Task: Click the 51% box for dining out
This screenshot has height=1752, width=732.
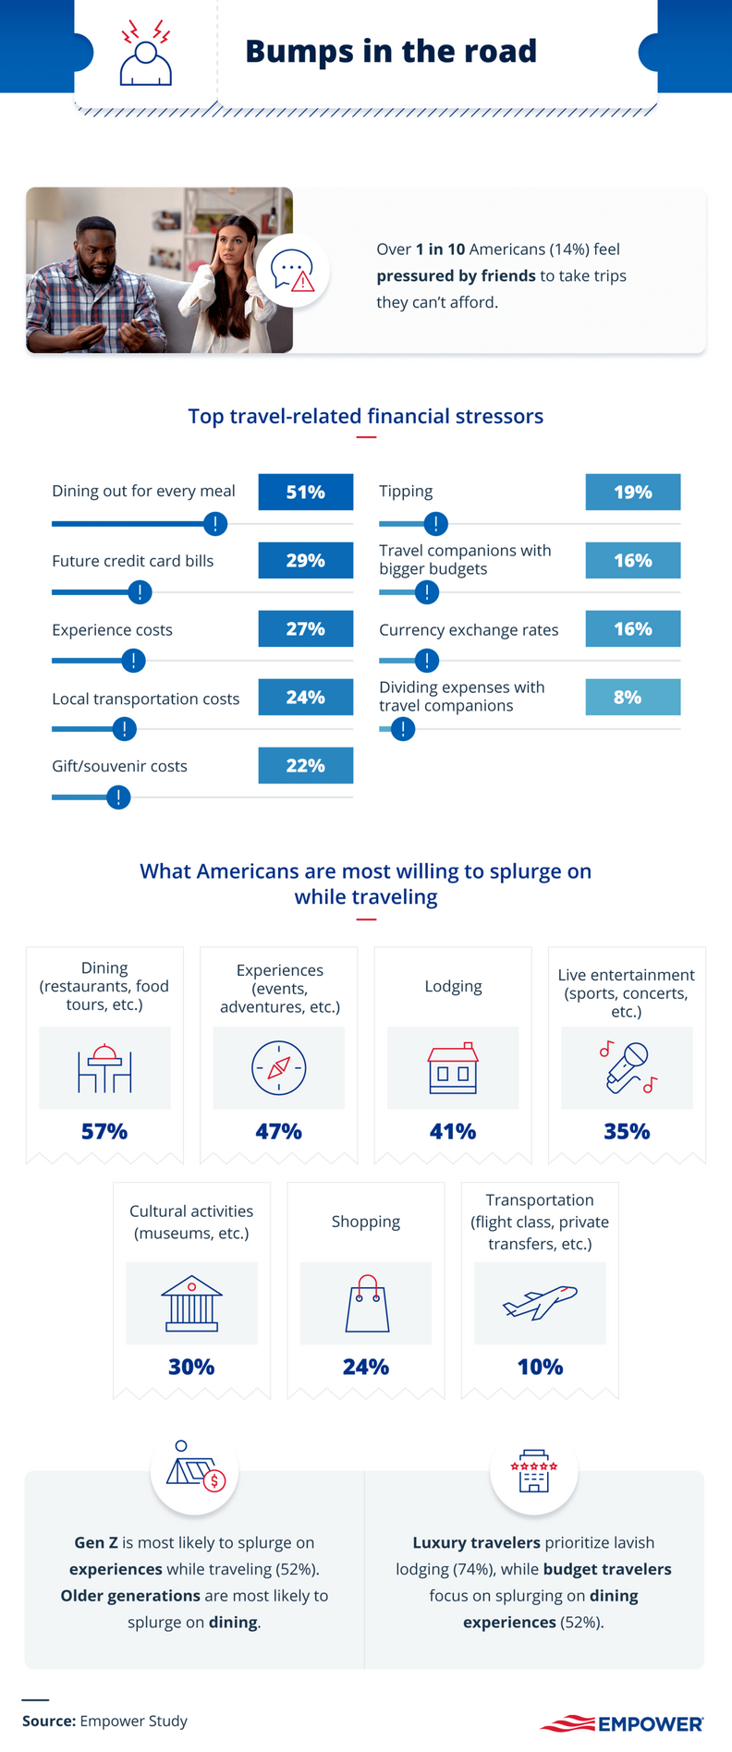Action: [x=305, y=492]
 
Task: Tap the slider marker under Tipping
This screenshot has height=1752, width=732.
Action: [x=435, y=524]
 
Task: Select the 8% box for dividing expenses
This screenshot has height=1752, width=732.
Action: [x=632, y=697]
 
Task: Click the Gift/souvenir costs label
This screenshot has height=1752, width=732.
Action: [x=119, y=766]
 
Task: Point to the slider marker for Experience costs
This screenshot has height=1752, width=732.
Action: [x=133, y=661]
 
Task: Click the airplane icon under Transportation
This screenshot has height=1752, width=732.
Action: [x=540, y=1302]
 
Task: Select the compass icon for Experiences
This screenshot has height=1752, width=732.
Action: [x=278, y=1067]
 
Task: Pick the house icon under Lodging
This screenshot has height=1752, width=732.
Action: [x=453, y=1068]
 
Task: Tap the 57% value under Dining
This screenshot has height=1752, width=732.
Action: [x=104, y=1131]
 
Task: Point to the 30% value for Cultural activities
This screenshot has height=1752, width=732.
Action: [x=191, y=1367]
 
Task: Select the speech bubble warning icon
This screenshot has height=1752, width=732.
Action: [x=292, y=272]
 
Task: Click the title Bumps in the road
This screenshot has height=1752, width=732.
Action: [x=390, y=51]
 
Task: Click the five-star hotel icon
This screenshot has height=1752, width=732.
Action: [x=534, y=1470]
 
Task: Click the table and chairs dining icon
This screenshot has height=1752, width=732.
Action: [x=104, y=1068]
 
